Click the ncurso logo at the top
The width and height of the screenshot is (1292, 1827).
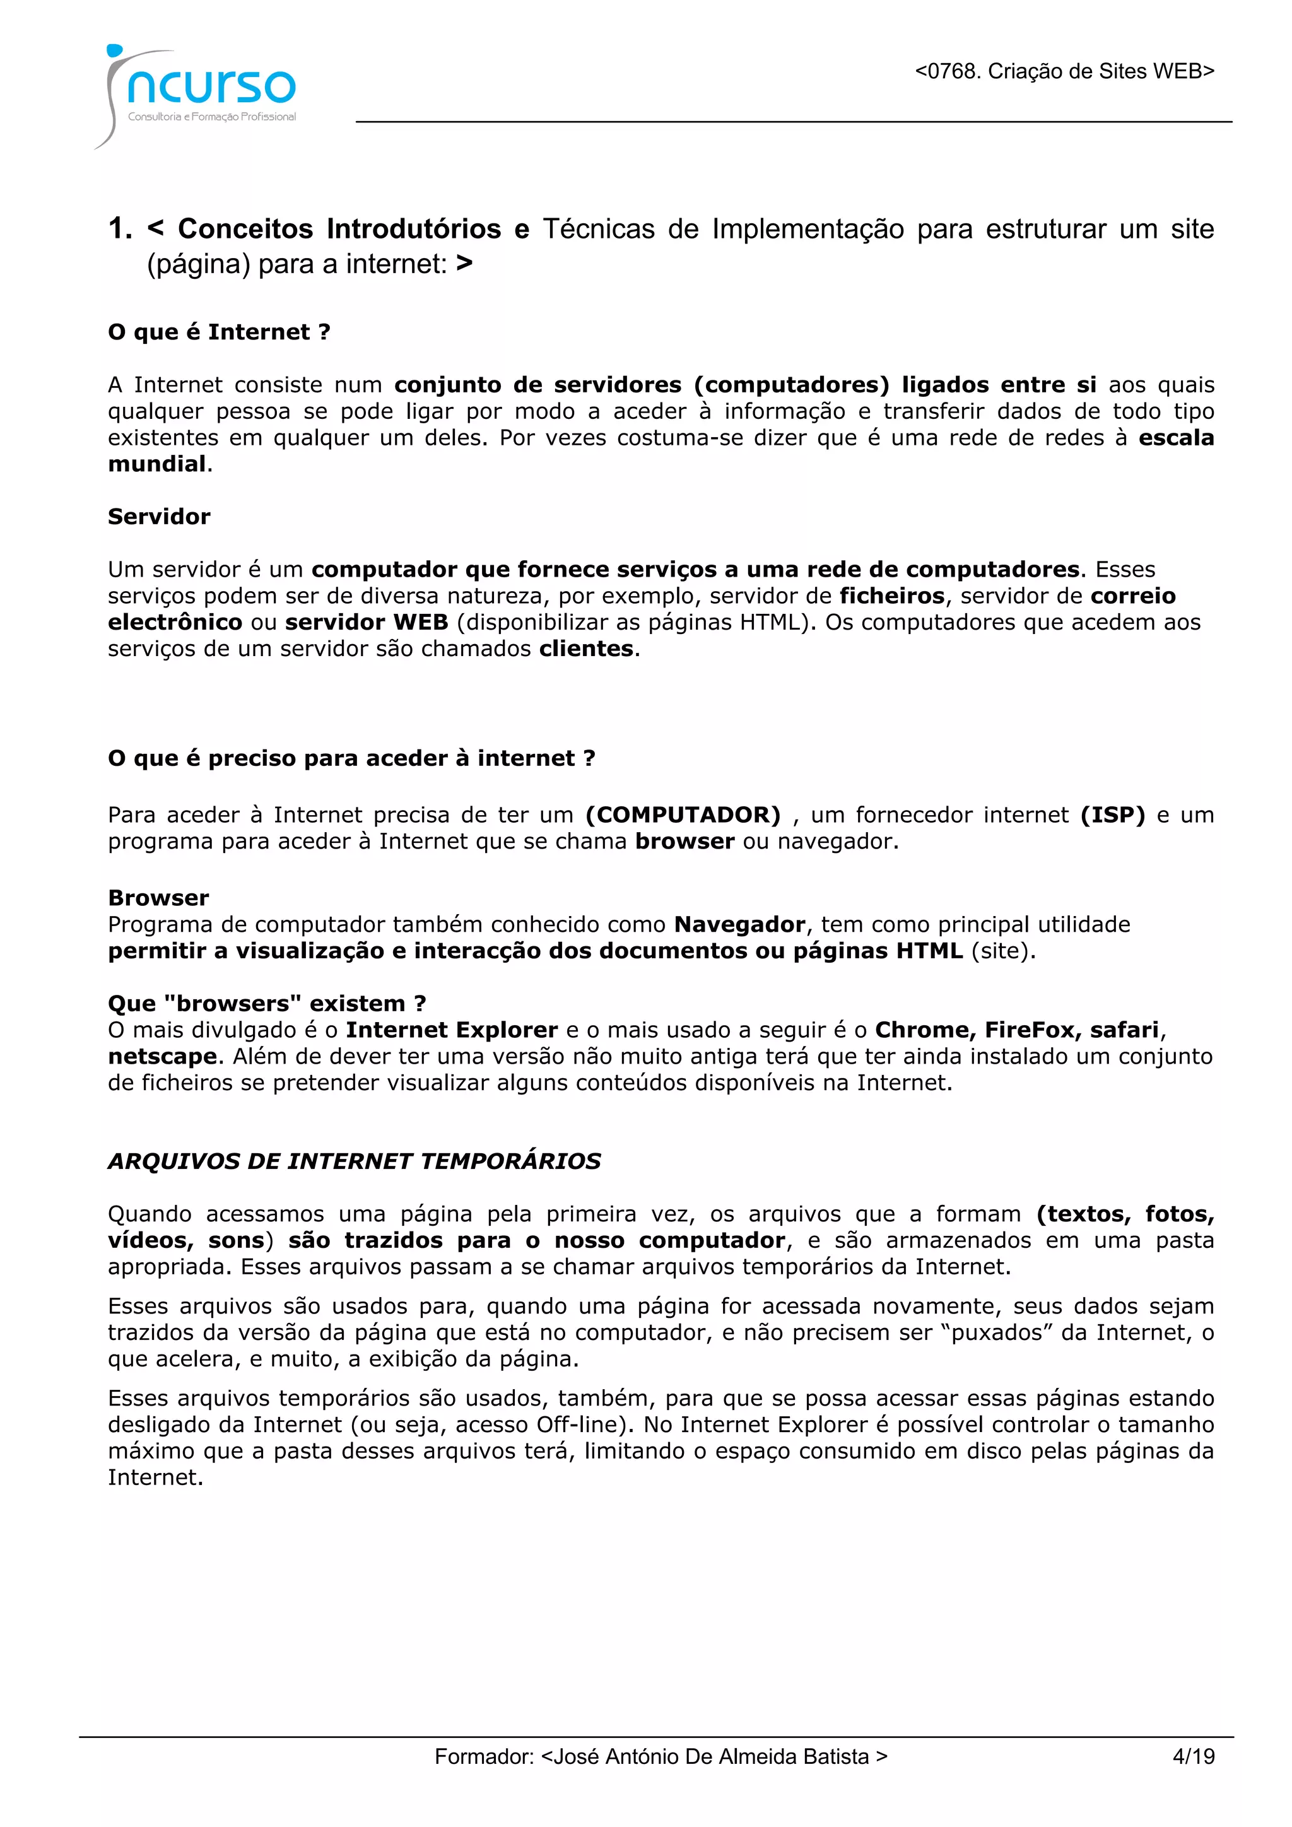coord(199,91)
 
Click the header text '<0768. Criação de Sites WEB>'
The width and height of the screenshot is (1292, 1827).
coord(1064,72)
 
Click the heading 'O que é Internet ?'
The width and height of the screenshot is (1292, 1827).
coord(219,332)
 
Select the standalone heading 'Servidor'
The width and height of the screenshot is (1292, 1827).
coord(159,517)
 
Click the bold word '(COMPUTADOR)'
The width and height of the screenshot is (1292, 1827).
coord(683,815)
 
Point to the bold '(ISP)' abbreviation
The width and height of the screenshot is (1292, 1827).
coord(1112,815)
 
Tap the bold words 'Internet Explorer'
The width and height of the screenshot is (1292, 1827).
coord(452,1030)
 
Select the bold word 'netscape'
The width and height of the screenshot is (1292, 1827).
coord(162,1056)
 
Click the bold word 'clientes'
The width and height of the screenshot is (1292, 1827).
coord(586,649)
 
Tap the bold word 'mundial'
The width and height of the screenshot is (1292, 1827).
coord(156,464)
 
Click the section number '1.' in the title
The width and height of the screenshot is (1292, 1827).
coord(120,229)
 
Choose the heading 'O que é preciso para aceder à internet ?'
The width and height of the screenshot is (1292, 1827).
coord(351,758)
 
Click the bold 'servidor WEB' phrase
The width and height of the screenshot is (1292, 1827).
coord(367,622)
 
